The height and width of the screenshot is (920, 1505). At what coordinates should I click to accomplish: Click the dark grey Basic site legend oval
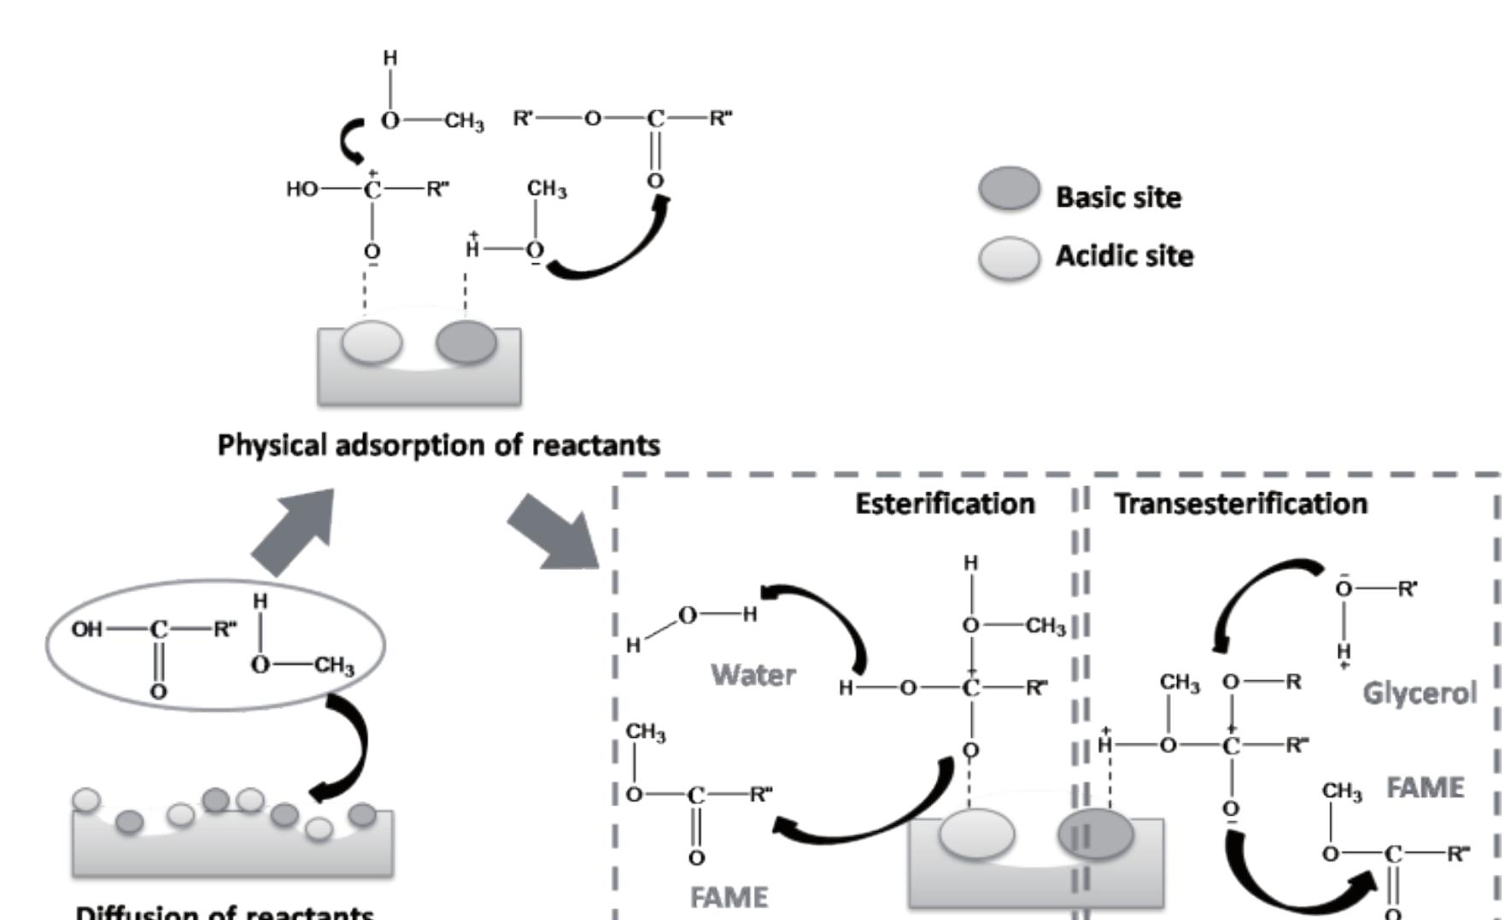[1009, 188]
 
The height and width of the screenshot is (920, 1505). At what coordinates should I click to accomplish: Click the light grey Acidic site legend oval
[1009, 258]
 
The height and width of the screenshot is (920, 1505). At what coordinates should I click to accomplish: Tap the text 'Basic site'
[1118, 197]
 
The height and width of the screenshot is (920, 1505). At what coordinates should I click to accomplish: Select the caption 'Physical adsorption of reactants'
[438, 445]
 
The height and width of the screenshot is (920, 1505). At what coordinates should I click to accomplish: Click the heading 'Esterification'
[945, 504]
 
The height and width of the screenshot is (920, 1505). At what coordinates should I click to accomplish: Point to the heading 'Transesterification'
[1240, 504]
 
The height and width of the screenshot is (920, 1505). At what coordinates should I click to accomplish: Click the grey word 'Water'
[752, 676]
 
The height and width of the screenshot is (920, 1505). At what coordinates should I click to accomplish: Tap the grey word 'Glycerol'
[1419, 693]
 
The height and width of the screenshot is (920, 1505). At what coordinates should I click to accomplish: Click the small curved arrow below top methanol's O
[352, 143]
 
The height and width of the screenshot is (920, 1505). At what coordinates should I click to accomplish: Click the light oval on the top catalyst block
[372, 342]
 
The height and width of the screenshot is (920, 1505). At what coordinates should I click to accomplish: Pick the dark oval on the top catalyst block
[466, 342]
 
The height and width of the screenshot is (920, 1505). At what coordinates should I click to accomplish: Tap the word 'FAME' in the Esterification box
[729, 898]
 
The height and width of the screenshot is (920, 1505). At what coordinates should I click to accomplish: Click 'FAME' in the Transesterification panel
[1425, 788]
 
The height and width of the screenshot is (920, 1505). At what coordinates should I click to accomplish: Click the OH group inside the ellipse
[86, 630]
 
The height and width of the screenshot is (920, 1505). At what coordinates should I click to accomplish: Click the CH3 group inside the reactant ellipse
[334, 665]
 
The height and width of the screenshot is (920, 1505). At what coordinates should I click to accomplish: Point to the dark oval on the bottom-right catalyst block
[1096, 834]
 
